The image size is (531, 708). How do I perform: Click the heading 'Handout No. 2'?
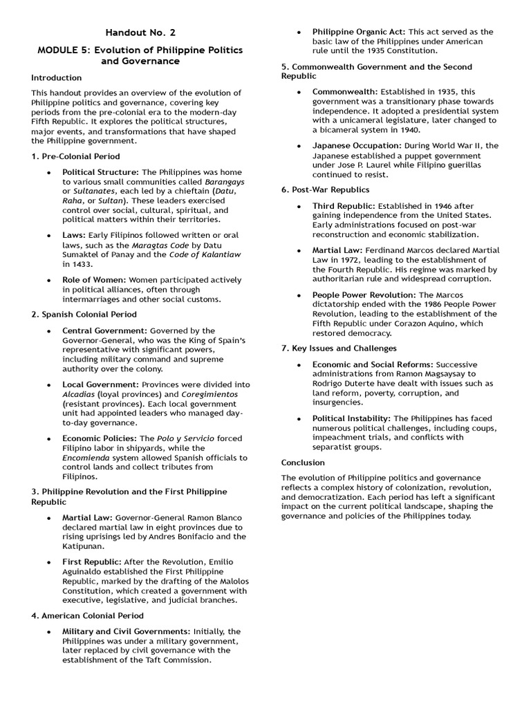pyautogui.click(x=136, y=32)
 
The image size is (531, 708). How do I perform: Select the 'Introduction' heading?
pyautogui.click(x=56, y=78)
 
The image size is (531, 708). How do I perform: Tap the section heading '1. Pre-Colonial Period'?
pyautogui.click(x=75, y=157)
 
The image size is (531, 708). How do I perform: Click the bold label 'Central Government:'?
pyautogui.click(x=104, y=330)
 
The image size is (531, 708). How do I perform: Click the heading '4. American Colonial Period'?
pyautogui.click(x=87, y=615)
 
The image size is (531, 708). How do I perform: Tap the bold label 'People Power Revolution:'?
pyautogui.click(x=363, y=295)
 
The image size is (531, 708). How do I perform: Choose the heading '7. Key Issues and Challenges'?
pyautogui.click(x=339, y=348)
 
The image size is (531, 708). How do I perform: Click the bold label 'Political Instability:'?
pyautogui.click(x=351, y=418)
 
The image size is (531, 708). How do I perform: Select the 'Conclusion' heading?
pyautogui.click(x=302, y=463)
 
